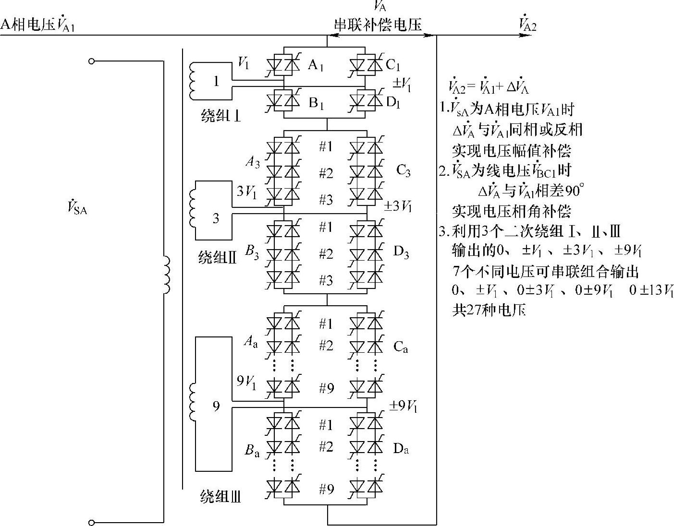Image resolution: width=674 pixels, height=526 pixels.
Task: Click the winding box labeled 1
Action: pos(216,81)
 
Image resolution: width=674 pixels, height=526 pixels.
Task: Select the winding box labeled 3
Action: pos(216,218)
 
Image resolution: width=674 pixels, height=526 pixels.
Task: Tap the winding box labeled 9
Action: pos(216,406)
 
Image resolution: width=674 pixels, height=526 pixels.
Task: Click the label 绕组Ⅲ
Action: pos(221,497)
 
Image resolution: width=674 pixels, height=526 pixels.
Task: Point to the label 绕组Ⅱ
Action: pos(218,258)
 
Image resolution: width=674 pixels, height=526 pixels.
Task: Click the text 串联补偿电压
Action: pos(378,25)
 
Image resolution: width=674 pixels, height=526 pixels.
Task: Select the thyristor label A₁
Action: pos(315,65)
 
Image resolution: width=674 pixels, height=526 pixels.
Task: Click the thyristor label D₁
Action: pos(392,102)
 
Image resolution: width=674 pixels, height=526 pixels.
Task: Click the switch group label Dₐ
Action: pos(401,449)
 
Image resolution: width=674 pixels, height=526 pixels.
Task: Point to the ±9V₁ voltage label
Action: pos(403,406)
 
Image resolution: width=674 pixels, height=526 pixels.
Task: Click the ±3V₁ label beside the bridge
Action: pos(398,206)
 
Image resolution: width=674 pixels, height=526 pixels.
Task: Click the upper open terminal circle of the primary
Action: pos(92,61)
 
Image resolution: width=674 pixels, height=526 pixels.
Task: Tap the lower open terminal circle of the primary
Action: pos(92,522)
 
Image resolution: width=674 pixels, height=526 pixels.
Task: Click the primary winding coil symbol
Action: pos(166,275)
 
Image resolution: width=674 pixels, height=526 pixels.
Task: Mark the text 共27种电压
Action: pos(489,311)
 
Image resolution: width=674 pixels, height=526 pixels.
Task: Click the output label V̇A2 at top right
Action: pos(527,24)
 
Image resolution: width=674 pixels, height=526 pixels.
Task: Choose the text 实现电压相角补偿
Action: pos(512,211)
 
